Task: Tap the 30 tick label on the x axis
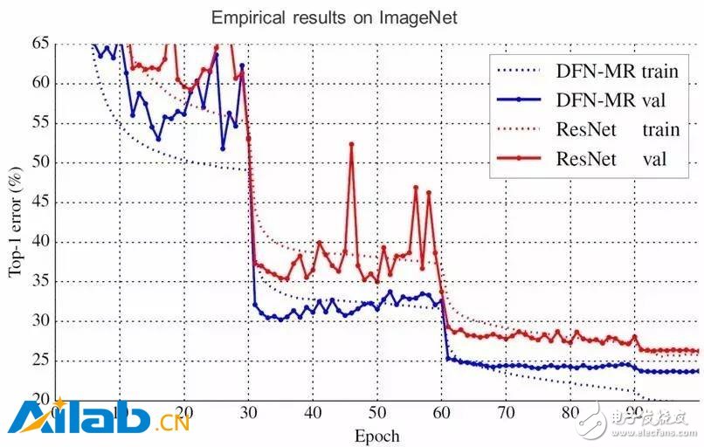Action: [x=249, y=412]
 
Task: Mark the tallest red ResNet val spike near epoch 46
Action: [x=352, y=144]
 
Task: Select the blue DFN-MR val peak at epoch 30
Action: [x=242, y=65]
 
